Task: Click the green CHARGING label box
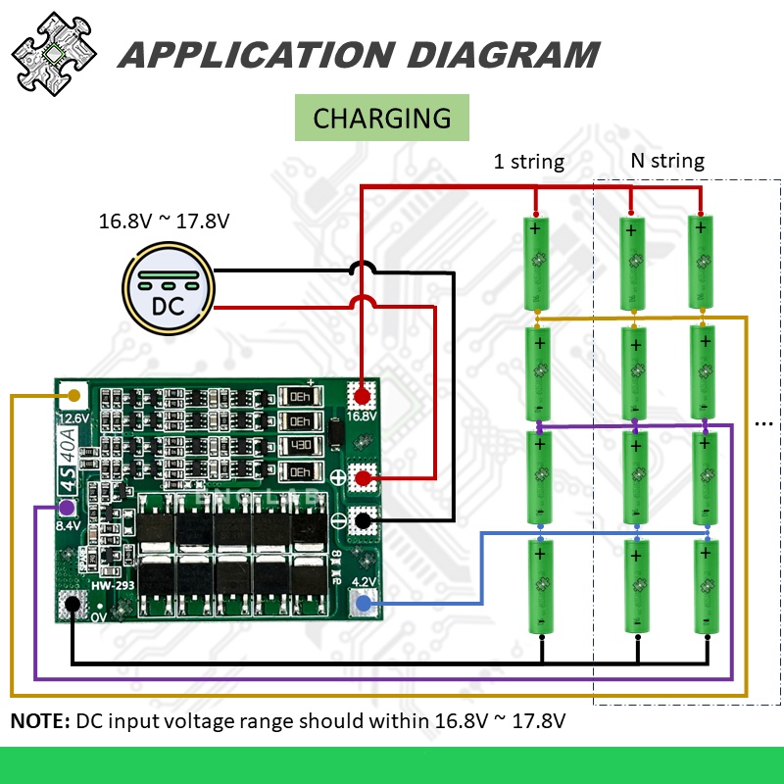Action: pos(382,119)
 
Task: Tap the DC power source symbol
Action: pos(167,290)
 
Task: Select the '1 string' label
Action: pos(528,162)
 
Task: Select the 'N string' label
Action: pos(666,161)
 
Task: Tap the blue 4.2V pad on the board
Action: pos(363,603)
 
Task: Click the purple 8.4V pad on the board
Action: pos(66,508)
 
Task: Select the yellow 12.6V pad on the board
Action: pos(73,396)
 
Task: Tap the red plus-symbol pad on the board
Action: pos(364,478)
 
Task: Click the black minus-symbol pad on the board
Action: pos(364,520)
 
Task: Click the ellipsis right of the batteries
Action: pos(765,423)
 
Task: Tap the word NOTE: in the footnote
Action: pos(39,722)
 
